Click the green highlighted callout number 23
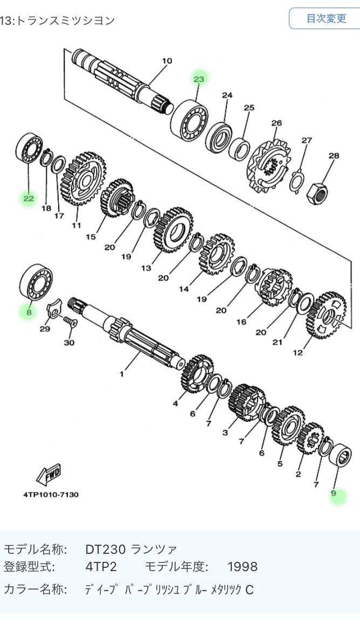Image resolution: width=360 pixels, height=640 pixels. pos(199,79)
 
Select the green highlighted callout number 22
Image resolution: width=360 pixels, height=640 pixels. pos(28,199)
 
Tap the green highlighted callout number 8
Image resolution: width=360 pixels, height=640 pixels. pos(29,311)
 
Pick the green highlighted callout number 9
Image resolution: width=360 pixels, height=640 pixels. pos(337,493)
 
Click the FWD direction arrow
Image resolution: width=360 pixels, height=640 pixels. pos(49,474)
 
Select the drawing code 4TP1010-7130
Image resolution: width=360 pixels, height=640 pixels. pos(51,494)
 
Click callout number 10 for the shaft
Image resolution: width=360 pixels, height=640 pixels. pos(167,61)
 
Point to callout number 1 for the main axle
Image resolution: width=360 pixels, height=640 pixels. pos(122,373)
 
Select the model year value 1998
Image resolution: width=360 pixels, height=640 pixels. pos(242,567)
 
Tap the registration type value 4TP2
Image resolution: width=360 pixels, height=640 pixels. pos(101,567)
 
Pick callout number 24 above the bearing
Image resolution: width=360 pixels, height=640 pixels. pos(227,95)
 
